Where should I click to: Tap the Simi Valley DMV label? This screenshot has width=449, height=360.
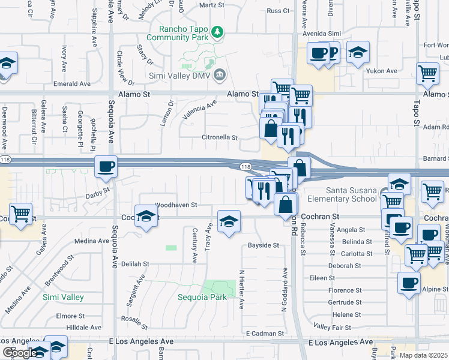coord(180,74)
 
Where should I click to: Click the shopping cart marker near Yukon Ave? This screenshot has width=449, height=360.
coord(427,73)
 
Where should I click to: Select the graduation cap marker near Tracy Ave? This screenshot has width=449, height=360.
coord(229,222)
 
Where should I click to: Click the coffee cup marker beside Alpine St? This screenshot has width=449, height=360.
coord(409,283)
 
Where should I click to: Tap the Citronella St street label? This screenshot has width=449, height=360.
coord(219,137)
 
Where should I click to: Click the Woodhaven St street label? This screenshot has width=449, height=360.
coord(176,205)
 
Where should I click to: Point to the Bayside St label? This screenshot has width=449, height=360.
coord(264,245)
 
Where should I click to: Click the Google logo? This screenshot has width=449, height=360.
coord(20,353)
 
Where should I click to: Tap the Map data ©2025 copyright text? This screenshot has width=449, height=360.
coord(423,355)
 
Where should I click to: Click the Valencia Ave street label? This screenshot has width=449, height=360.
coord(200,110)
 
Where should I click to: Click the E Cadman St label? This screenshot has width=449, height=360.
coord(265,333)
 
